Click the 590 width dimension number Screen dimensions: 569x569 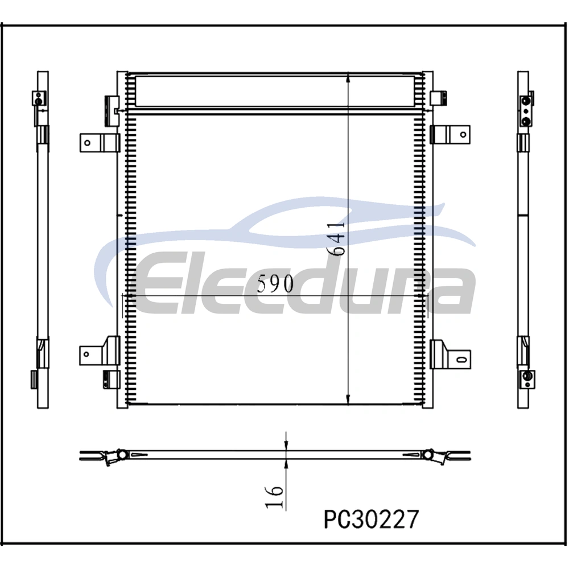click(275, 283)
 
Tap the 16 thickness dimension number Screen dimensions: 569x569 click(274, 497)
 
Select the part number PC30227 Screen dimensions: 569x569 click(371, 519)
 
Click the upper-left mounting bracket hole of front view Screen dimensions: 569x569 click(87, 143)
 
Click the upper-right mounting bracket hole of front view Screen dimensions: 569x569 click(463, 135)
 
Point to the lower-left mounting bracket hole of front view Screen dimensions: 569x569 click(86, 354)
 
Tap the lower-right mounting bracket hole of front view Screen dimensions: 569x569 click(461, 360)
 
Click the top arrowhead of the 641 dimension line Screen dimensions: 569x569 click(348, 77)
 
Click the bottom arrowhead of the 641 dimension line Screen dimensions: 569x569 click(348, 399)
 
